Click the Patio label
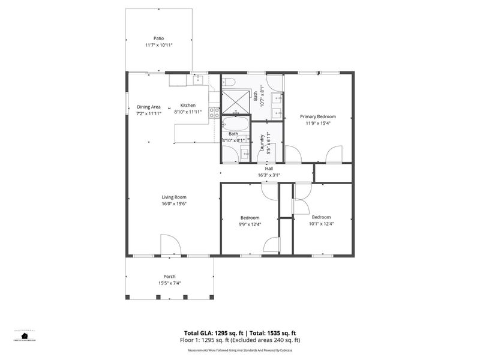158,38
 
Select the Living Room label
173,197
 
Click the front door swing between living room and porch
170,245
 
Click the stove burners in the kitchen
214,112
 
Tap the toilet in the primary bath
229,82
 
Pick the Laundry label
262,144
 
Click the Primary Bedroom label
318,116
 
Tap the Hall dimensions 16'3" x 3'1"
269,175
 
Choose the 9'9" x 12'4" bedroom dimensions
250,224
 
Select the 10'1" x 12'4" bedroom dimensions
321,224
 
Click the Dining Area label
148,106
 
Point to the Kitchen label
188,105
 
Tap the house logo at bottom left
25,336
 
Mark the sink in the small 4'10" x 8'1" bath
245,154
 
